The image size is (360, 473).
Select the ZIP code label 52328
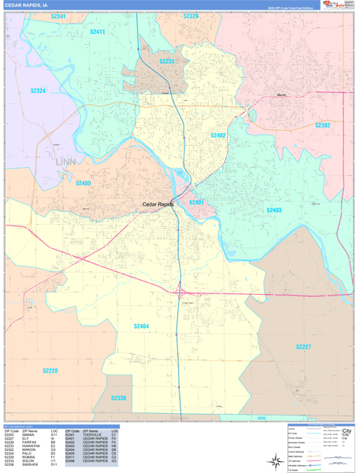tap(191, 16)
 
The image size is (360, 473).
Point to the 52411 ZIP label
tap(98, 32)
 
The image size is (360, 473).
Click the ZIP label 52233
tap(167, 61)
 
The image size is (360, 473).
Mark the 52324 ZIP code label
tap(38, 91)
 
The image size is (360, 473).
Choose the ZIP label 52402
tap(218, 136)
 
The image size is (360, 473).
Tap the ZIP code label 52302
tap(322, 125)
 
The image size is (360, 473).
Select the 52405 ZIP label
tap(84, 183)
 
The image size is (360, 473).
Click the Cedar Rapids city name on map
tap(158, 204)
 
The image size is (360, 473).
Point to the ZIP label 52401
tap(197, 203)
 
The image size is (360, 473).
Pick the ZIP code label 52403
tap(274, 210)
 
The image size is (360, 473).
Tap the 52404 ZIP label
tap(141, 326)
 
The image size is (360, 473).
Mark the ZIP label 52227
tap(304, 347)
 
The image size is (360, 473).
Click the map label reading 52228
tap(50, 370)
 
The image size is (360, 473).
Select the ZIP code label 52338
tap(118, 398)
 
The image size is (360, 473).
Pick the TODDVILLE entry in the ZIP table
tap(92, 435)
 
